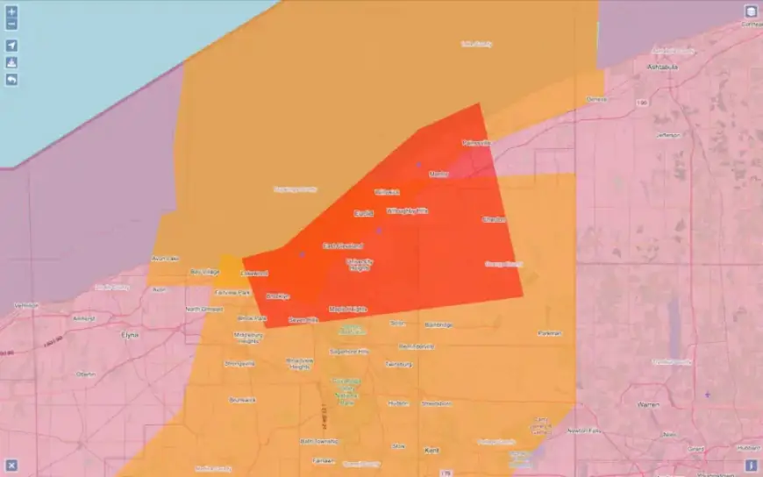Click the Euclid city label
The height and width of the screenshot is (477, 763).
[x=363, y=213]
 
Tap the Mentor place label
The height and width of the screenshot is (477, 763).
[x=439, y=174]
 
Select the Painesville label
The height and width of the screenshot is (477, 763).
[x=477, y=142]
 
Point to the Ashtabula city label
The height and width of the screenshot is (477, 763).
[x=663, y=67]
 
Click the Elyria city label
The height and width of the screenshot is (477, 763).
[x=129, y=334]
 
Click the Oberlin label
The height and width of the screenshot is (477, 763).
[x=86, y=374]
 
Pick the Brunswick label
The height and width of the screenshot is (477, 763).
[x=242, y=400]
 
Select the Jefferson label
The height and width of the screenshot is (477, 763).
[x=667, y=135]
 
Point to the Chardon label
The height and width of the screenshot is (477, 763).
[x=493, y=219]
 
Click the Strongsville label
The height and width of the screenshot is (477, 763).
[x=239, y=362]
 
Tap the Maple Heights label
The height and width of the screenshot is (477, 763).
[x=347, y=310]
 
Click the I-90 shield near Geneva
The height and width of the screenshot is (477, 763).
[x=642, y=103]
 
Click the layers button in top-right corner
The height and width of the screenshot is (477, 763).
[x=752, y=11]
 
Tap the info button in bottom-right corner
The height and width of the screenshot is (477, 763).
[x=752, y=465]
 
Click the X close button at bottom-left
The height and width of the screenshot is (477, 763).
[x=11, y=465]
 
